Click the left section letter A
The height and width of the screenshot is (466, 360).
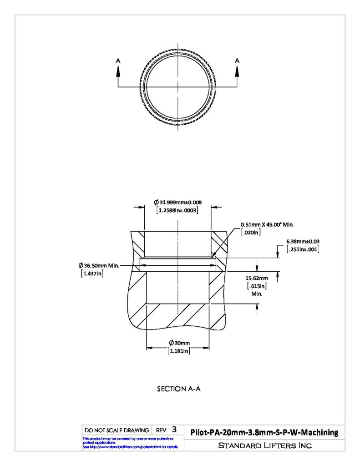(x=118, y=61)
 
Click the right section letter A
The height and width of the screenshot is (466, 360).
(x=237, y=61)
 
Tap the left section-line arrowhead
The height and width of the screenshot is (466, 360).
(x=118, y=71)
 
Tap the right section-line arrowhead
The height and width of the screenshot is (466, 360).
(x=237, y=71)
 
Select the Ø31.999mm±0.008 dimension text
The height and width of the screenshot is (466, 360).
(x=178, y=203)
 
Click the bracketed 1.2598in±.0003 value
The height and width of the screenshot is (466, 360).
(x=177, y=210)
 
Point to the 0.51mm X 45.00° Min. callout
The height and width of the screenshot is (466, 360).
(x=267, y=225)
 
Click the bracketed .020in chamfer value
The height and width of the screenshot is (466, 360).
(x=251, y=233)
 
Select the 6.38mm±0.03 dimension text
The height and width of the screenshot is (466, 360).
(x=303, y=242)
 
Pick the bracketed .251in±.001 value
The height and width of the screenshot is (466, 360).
(x=303, y=249)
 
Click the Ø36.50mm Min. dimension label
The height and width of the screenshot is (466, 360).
(x=99, y=265)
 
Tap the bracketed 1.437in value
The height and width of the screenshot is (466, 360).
(x=92, y=274)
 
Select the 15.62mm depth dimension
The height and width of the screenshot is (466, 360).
(x=257, y=278)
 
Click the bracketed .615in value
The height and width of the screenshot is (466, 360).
(x=257, y=286)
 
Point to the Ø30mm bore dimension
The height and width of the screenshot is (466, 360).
(x=179, y=343)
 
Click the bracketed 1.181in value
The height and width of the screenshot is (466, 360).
(x=179, y=351)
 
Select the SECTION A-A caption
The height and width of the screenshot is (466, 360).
(x=179, y=389)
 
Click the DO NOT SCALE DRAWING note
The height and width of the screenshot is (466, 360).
(x=117, y=431)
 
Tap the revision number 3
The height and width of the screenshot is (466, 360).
(x=174, y=430)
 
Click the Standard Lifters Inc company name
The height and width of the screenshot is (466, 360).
(x=265, y=446)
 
